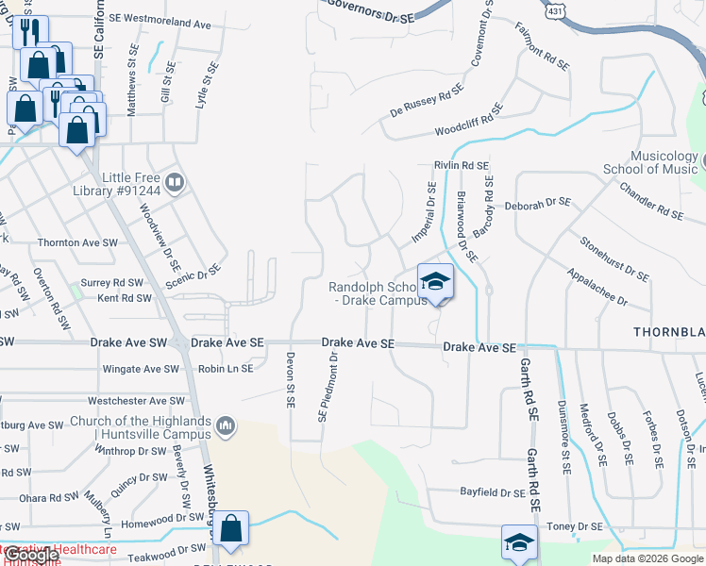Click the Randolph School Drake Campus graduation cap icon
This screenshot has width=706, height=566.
pyautogui.click(x=435, y=281)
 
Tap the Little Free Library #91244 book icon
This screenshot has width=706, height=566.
pyautogui.click(x=175, y=181)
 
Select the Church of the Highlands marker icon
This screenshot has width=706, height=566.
pyautogui.click(x=225, y=426)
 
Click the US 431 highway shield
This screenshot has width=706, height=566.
pyautogui.click(x=555, y=8)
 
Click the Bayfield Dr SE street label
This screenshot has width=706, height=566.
pyautogui.click(x=492, y=492)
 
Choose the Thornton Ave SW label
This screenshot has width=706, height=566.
pyautogui.click(x=77, y=242)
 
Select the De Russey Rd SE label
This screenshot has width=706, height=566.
pyautogui.click(x=427, y=101)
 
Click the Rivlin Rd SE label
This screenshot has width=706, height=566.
pyautogui.click(x=462, y=165)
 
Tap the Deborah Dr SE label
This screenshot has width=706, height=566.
pyautogui.click(x=538, y=202)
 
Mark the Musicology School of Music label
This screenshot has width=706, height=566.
pyautogui.click(x=650, y=162)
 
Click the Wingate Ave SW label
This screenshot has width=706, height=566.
pyautogui.click(x=140, y=369)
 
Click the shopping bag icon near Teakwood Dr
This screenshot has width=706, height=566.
pyautogui.click(x=230, y=530)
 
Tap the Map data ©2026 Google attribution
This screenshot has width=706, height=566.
pyautogui.click(x=647, y=558)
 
